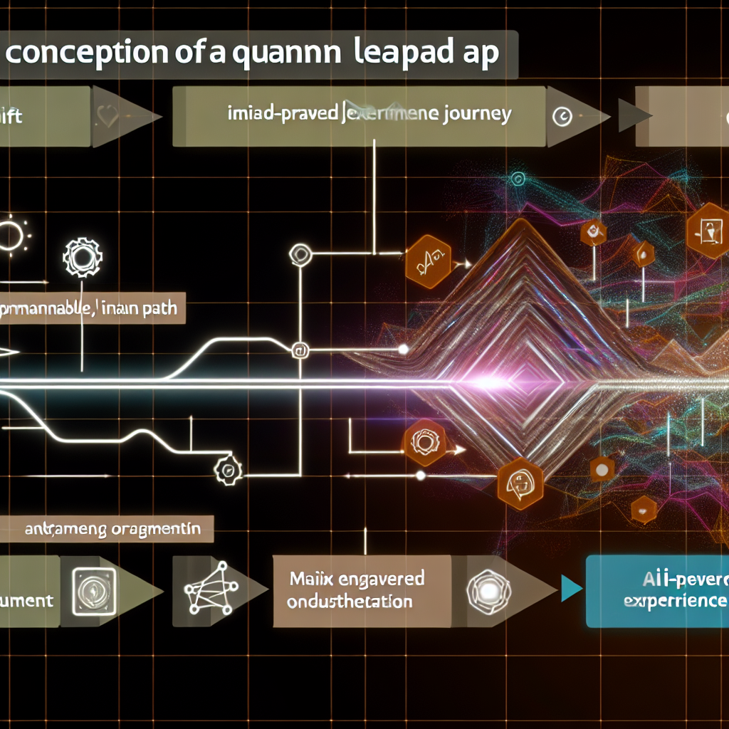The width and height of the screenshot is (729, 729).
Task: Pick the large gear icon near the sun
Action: click(x=83, y=257)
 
